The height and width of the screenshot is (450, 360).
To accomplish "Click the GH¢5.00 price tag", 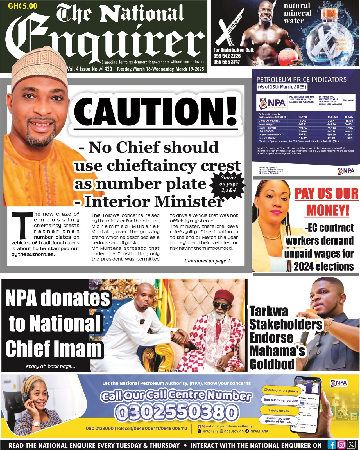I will tap(22, 6).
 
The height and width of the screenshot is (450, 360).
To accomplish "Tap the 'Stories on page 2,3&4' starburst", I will tap(228, 184).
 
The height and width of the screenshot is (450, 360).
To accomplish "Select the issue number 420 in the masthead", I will tap(108, 69).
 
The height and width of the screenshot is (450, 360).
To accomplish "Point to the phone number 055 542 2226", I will tap(227, 56).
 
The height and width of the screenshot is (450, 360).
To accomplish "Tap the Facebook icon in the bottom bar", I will tap(332, 445).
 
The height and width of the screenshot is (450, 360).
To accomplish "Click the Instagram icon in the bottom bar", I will tap(341, 445).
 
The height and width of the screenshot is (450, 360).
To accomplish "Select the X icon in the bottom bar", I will tap(351, 445).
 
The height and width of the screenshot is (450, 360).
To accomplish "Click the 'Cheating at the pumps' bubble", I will tap(281, 390).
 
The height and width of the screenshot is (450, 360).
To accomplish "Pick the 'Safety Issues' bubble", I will tap(278, 411).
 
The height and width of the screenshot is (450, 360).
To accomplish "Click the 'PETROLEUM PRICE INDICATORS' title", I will tap(301, 80).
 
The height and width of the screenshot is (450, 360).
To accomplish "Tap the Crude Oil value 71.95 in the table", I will tap(302, 121).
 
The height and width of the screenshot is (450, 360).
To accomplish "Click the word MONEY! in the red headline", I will tap(328, 210).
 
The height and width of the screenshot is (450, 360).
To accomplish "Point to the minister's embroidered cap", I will tap(39, 67).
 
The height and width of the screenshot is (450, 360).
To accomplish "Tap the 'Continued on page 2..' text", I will tap(208, 261).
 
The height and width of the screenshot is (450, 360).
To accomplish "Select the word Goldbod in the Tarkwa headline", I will tap(272, 364).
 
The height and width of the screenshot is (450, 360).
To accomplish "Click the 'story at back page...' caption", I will tap(50, 366).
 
